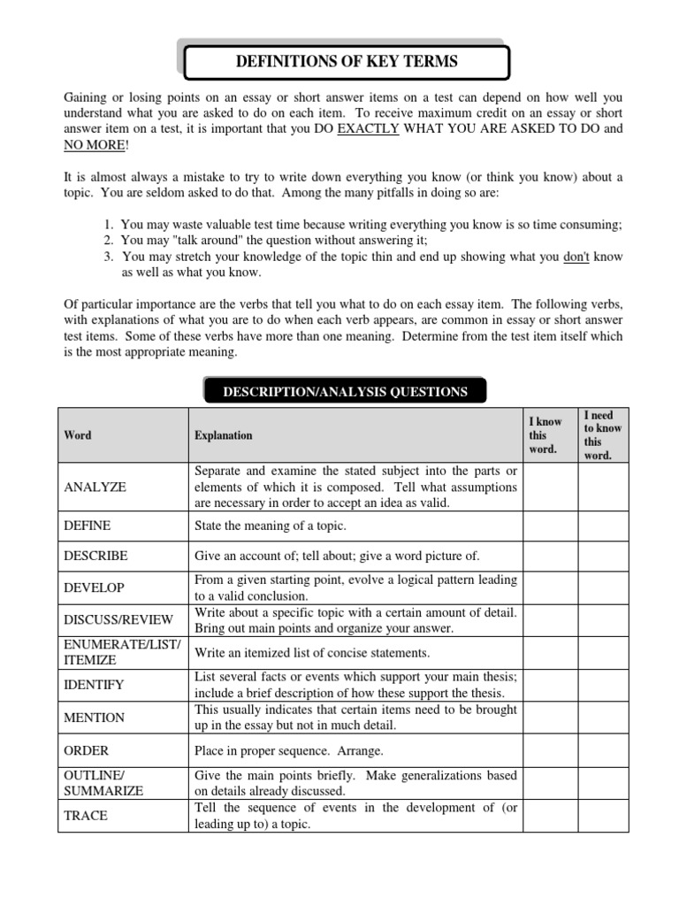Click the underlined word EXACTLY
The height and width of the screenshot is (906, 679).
point(369,129)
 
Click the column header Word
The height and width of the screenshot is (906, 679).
point(78,435)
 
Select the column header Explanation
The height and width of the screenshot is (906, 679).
point(223,435)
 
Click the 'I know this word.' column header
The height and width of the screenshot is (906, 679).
point(544,435)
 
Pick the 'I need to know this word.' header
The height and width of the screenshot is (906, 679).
point(603,435)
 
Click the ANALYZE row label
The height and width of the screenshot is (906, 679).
point(95,488)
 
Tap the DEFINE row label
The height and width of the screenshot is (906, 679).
point(88,526)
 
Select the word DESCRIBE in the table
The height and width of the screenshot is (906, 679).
point(95,556)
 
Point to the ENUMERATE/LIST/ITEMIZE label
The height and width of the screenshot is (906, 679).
point(122,652)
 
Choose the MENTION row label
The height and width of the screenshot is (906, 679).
point(95,718)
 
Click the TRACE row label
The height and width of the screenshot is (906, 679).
point(86,816)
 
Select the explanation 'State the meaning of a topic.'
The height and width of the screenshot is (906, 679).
point(270,526)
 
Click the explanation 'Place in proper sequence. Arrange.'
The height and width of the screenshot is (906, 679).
point(288,750)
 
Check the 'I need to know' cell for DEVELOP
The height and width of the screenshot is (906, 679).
point(603,587)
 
